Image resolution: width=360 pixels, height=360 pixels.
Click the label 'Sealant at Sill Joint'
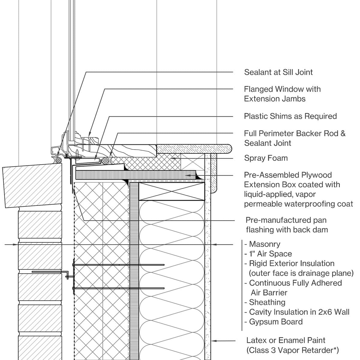(x=278, y=72)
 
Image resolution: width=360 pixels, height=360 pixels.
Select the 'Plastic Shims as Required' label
(x=290, y=116)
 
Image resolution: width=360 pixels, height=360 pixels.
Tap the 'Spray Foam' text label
(x=265, y=158)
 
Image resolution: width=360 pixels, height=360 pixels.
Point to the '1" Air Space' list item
(x=270, y=254)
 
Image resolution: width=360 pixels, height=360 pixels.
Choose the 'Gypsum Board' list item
(x=275, y=322)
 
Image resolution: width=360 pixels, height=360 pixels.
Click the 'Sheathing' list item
(x=267, y=302)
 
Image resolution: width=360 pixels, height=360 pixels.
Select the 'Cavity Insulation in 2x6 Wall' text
(x=299, y=312)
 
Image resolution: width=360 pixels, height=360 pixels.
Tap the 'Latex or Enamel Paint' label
(x=286, y=340)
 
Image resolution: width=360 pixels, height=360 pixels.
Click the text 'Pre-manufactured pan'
(x=286, y=220)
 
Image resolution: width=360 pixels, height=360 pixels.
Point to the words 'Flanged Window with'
(x=282, y=89)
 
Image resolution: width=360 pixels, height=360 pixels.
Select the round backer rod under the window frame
(x=105, y=161)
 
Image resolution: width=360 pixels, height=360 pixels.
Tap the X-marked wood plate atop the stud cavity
(x=171, y=191)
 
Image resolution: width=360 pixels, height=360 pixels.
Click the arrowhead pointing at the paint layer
(x=214, y=341)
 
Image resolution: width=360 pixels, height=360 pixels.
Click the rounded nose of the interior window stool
(x=230, y=148)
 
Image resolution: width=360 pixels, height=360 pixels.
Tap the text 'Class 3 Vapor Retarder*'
(x=292, y=350)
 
